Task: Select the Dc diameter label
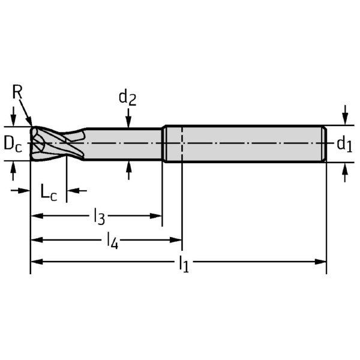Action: click(x=13, y=144)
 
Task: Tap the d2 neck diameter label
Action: click(x=127, y=97)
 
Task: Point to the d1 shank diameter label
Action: click(x=344, y=143)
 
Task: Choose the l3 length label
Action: click(x=99, y=216)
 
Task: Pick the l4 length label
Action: click(x=112, y=241)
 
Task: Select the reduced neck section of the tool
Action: click(x=123, y=144)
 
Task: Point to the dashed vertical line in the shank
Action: click(x=181, y=144)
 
